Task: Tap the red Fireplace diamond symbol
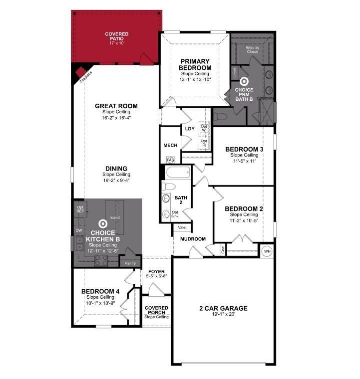pyautogui.click(x=80, y=73)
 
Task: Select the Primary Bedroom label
pyautogui.click(x=196, y=64)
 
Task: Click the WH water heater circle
pyautogui.click(x=267, y=251)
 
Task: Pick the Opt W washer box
pyautogui.click(x=203, y=128)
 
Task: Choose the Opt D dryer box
pyautogui.click(x=203, y=143)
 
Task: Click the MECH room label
pyautogui.click(x=170, y=146)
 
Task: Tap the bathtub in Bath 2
pyautogui.click(x=177, y=174)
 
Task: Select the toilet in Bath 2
pyautogui.click(x=168, y=187)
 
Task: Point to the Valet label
pyautogui.click(x=181, y=227)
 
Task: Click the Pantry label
pyautogui.click(x=130, y=263)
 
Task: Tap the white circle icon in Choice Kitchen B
pyautogui.click(x=103, y=223)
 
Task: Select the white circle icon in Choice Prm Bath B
pyautogui.click(x=244, y=80)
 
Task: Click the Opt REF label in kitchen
pyautogui.click(x=80, y=209)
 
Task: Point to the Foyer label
pyautogui.click(x=156, y=271)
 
